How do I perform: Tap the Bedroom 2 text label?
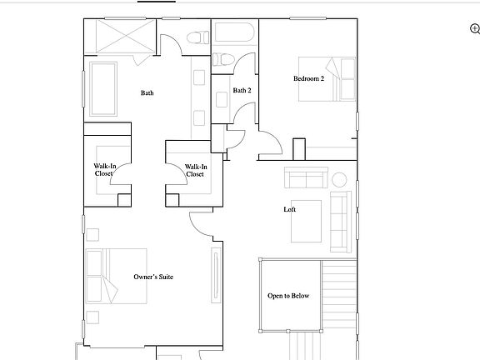[307, 79]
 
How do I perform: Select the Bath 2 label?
[242, 90]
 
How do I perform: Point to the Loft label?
[290, 209]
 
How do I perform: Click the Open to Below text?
[288, 296]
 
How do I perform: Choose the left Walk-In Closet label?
[104, 170]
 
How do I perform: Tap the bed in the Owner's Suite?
[116, 275]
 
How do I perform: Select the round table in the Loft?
[339, 179]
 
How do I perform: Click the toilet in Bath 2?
[222, 60]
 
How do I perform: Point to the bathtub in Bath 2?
[236, 33]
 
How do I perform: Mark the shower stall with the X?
[120, 37]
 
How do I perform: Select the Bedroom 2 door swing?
[272, 142]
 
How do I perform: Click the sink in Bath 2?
[222, 97]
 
